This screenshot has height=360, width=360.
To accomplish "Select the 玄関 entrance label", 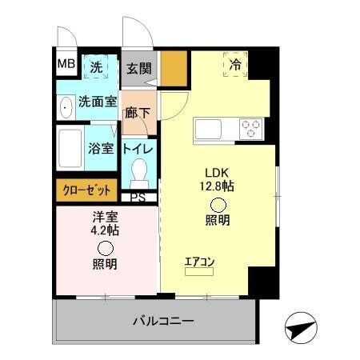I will pyautogui.click(x=139, y=69).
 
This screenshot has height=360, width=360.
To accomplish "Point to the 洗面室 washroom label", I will pyautogui.click(x=98, y=102).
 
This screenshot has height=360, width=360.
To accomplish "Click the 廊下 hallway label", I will pyautogui.click(x=138, y=113).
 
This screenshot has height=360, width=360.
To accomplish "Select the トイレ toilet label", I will pyautogui.click(x=138, y=149).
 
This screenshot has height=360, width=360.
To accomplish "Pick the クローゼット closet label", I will pyautogui.click(x=86, y=190).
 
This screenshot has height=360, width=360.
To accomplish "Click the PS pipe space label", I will pyautogui.click(x=138, y=198).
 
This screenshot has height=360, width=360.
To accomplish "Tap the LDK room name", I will pyautogui.click(x=217, y=171).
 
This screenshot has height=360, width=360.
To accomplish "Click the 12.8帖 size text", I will pyautogui.click(x=218, y=186).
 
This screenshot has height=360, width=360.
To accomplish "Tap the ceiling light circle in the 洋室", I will pyautogui.click(x=105, y=247).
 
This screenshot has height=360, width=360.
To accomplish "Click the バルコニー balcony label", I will pyautogui.click(x=162, y=322).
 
